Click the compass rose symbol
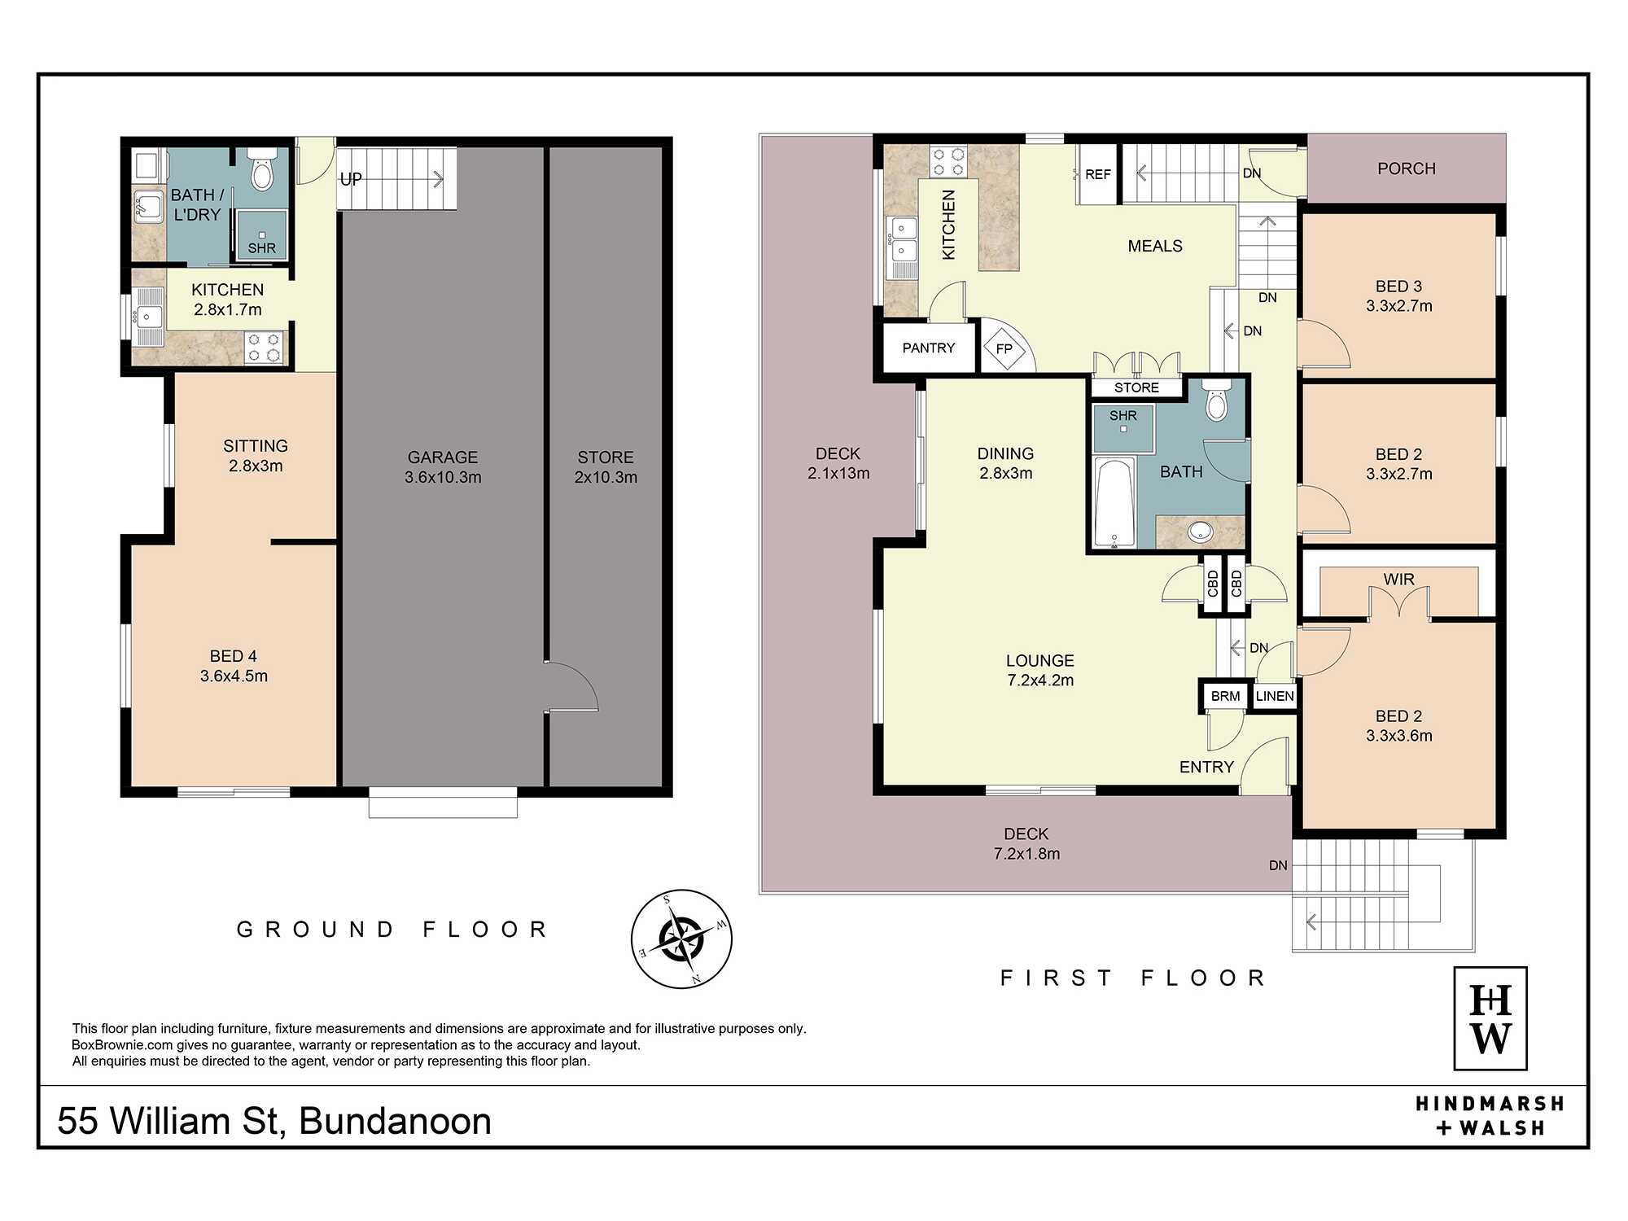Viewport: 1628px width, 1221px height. tap(681, 939)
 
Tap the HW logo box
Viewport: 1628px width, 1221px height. tap(1490, 1018)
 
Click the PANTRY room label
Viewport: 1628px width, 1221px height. tap(929, 348)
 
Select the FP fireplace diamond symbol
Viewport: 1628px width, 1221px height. tap(1004, 348)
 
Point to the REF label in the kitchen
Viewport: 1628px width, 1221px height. tap(1097, 174)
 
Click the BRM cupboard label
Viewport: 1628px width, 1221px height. tap(1225, 696)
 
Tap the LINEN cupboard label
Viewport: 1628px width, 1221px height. tap(1275, 696)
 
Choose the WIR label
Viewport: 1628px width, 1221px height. tap(1398, 579)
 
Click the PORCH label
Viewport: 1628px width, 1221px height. tap(1407, 168)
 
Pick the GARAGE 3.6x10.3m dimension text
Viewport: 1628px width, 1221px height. tap(443, 467)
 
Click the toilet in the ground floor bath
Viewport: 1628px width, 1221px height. tap(262, 168)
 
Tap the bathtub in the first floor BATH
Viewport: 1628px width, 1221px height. tap(1114, 501)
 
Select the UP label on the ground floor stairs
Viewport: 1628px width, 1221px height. tap(351, 179)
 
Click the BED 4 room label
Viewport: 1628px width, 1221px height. tap(234, 666)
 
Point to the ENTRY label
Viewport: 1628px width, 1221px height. tap(1206, 767)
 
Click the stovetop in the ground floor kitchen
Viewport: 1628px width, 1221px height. tap(264, 347)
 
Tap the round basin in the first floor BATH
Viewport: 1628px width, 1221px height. tap(1201, 532)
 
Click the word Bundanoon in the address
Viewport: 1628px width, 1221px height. tap(396, 1121)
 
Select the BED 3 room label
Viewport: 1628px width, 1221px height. tap(1398, 296)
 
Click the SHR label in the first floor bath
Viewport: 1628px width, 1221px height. tap(1123, 415)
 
